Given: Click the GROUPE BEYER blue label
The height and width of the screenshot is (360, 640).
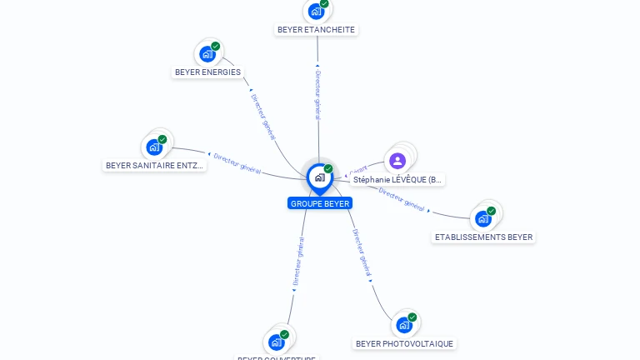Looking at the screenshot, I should tap(320, 203).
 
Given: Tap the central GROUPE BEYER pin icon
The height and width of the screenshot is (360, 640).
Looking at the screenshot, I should tap(320, 177).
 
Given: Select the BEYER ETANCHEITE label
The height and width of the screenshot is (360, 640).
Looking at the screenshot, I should tap(316, 29).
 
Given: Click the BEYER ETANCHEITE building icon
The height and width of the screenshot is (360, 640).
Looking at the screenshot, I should tap(316, 11).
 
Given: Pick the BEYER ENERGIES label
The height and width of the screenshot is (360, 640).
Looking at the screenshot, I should tap(207, 72).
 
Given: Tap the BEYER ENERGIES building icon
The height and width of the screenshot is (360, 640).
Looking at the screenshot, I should tap(207, 54).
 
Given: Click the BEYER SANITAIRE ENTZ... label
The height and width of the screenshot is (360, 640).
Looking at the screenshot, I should tap(155, 165).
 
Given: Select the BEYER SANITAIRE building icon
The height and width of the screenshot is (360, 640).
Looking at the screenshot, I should tap(154, 147).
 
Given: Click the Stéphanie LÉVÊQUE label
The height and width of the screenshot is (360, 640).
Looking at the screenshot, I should tap(397, 179).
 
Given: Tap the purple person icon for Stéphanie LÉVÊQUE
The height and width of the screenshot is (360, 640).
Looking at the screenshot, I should tap(397, 161).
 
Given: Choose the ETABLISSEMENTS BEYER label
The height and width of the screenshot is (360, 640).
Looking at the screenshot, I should tap(483, 237).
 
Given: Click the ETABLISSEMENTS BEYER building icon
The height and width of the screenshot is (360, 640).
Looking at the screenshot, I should tap(482, 219).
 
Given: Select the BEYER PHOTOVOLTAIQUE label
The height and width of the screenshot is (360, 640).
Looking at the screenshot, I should tap(404, 343).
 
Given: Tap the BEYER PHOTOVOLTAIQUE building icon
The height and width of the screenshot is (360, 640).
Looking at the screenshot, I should tap(404, 325).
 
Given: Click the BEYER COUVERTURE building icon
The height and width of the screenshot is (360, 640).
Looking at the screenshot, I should tap(277, 342).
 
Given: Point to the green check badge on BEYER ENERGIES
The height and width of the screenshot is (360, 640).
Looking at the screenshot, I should tap(216, 47).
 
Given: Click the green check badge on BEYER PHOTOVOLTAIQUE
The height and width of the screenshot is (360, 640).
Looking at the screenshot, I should tap(412, 317).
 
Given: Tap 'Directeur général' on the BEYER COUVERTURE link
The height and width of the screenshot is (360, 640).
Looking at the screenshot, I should tap(297, 262).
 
